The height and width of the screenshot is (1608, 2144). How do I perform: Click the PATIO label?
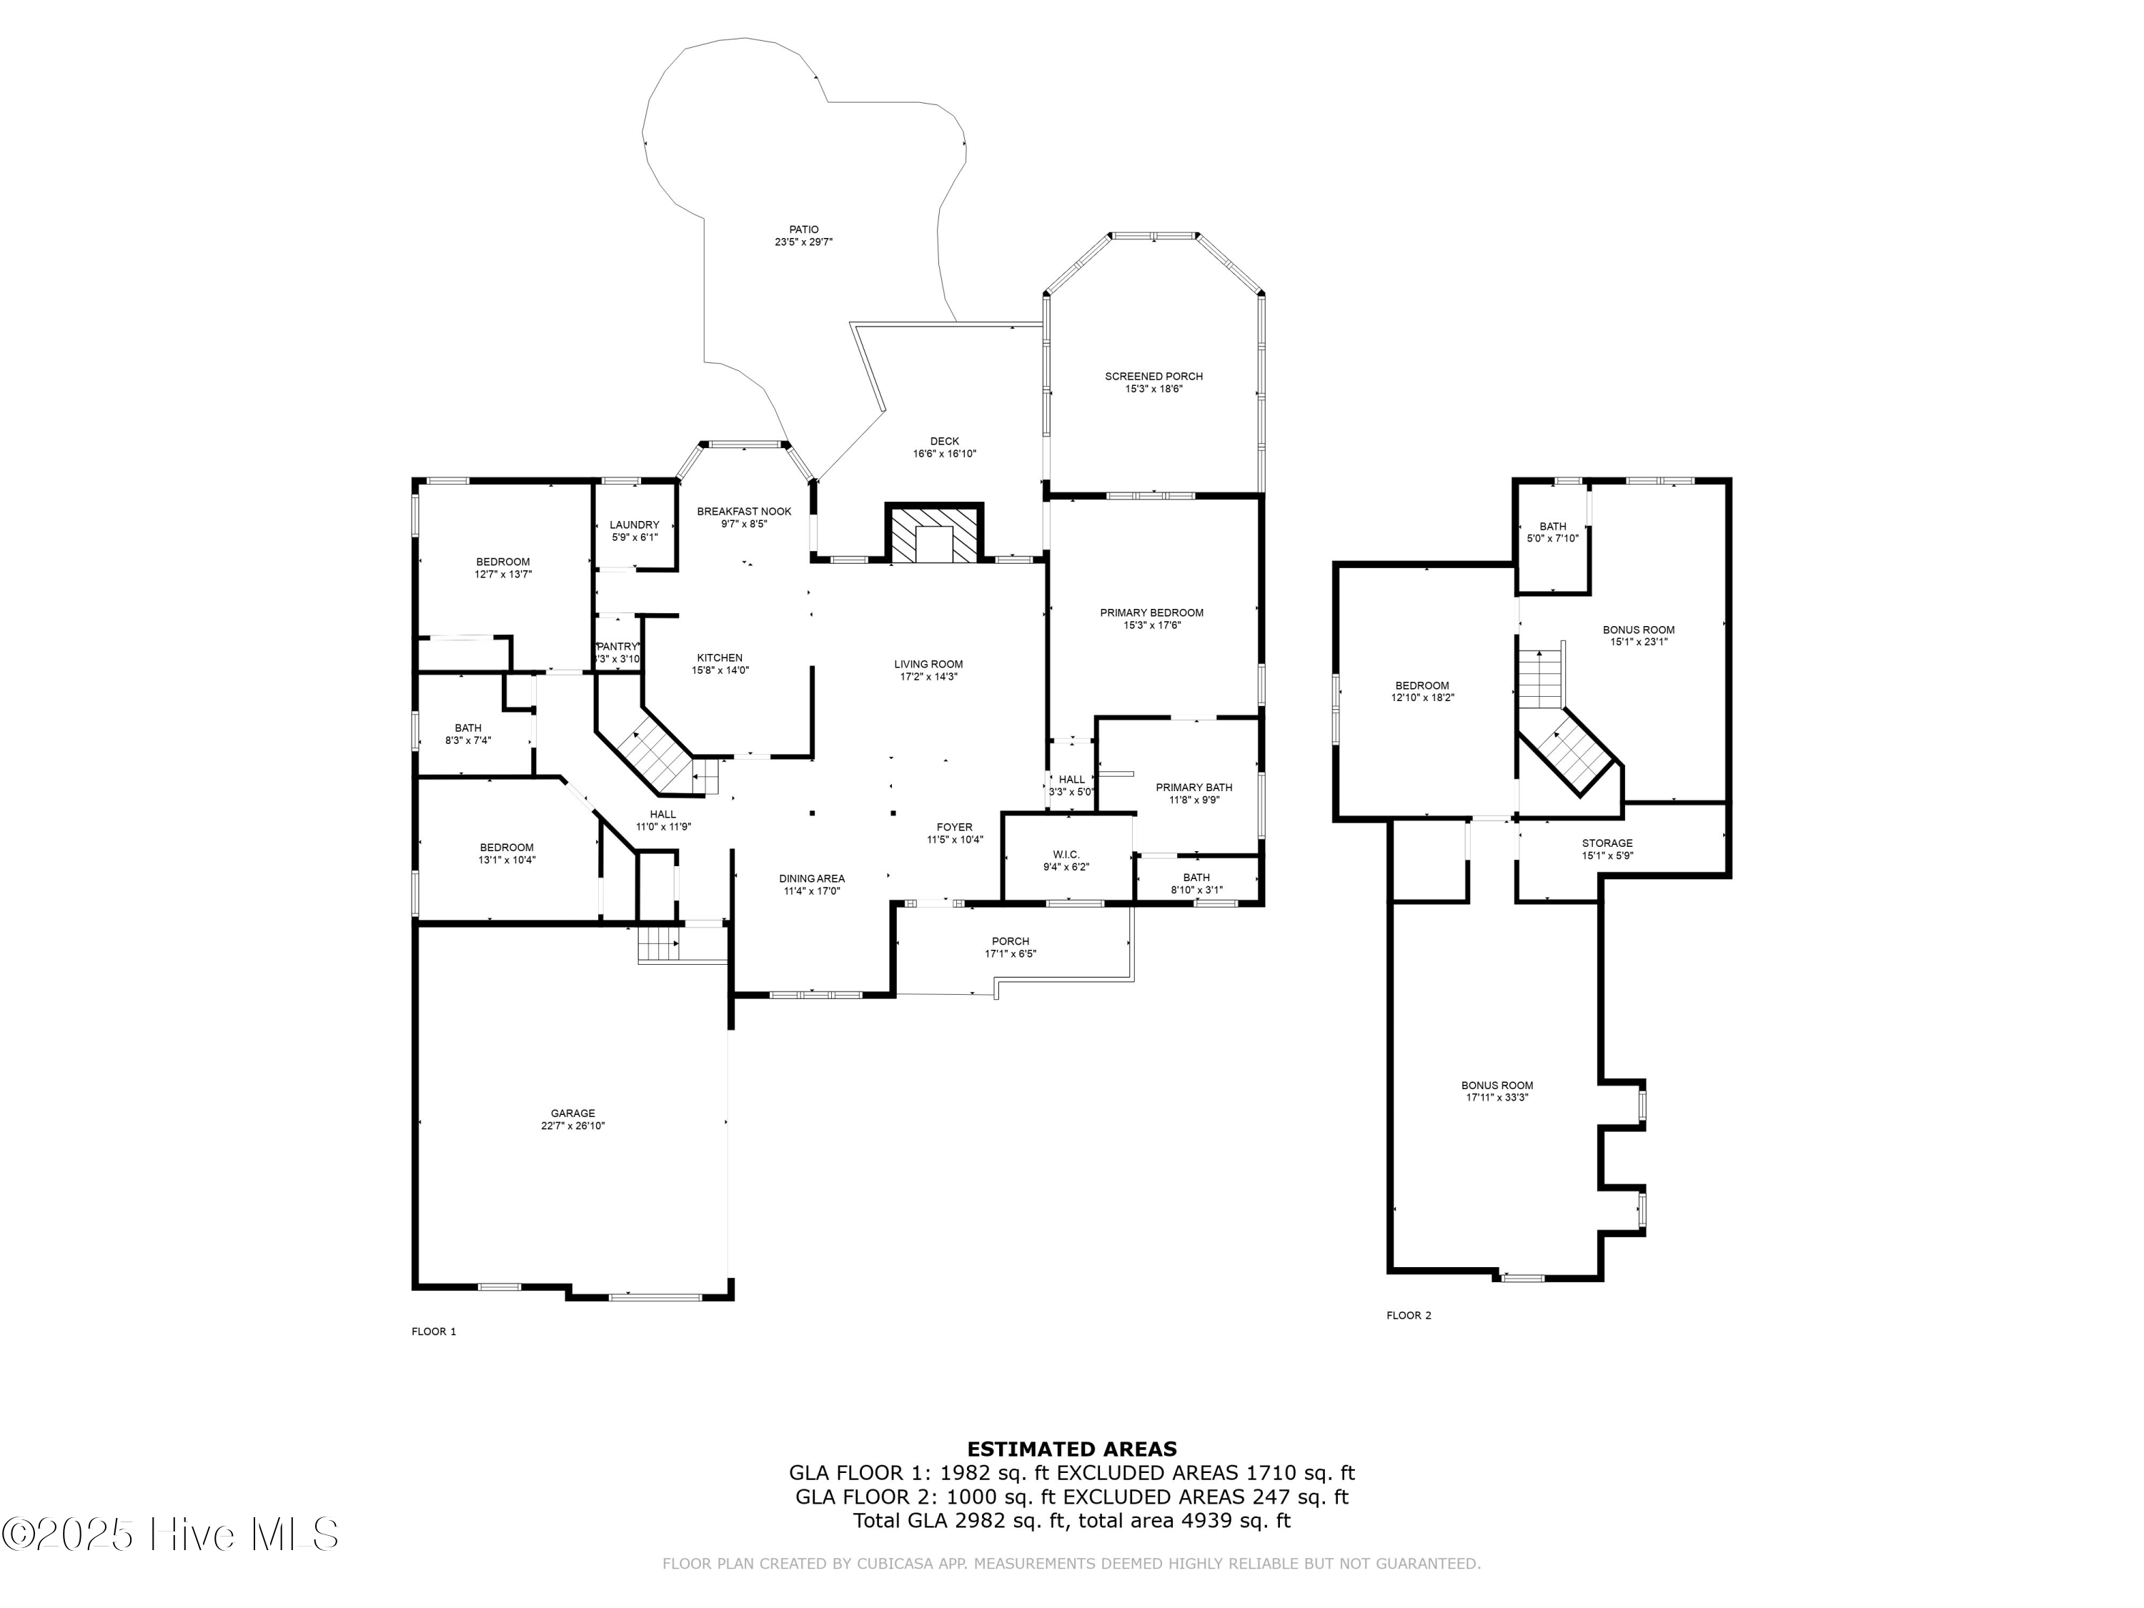(x=803, y=229)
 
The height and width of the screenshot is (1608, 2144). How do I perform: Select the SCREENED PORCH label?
(x=1153, y=376)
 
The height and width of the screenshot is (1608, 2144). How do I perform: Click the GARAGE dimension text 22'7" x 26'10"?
(x=573, y=1126)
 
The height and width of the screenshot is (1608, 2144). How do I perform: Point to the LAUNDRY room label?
(x=634, y=525)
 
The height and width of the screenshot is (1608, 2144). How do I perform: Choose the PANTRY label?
(x=617, y=647)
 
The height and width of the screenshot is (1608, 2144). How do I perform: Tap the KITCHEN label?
(x=719, y=657)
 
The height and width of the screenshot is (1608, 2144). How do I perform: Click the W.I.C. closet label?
(x=1066, y=854)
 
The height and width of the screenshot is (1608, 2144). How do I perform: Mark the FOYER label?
(x=954, y=827)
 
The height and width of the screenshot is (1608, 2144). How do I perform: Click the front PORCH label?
(x=1010, y=941)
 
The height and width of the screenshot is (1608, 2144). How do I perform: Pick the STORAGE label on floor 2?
(x=1607, y=843)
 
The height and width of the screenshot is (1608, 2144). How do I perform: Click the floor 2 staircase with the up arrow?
(x=1540, y=678)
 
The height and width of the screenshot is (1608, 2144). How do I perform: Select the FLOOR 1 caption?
(x=433, y=1331)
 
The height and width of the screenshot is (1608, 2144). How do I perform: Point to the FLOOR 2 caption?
(x=1409, y=1315)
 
